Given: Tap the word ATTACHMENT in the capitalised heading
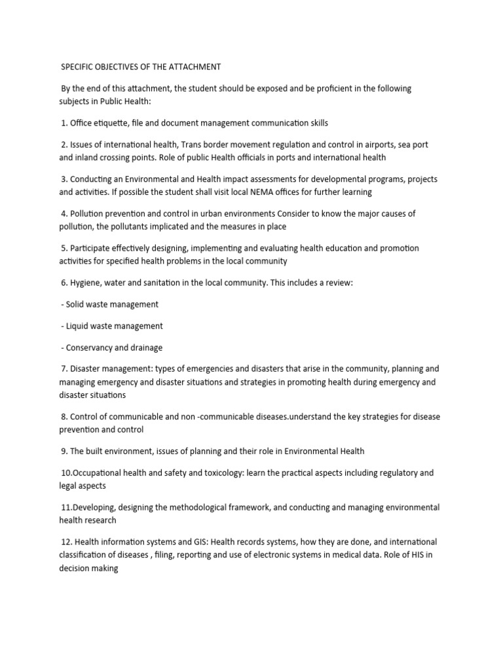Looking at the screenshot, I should (196, 67).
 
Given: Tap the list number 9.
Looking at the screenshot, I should (64, 451).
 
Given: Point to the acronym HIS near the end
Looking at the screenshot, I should (419, 555).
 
